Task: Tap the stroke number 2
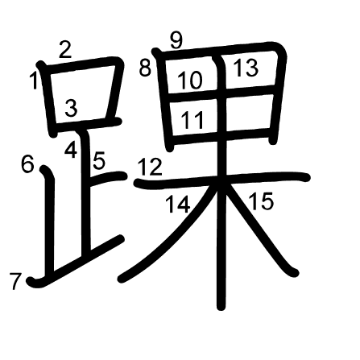point(65,49)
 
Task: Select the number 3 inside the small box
point(71,108)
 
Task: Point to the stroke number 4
point(71,149)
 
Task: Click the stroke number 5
point(98,161)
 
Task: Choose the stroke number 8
point(145,68)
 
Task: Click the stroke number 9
point(178,39)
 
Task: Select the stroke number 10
point(190,81)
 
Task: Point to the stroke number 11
point(192,121)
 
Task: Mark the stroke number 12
point(149,168)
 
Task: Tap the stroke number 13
point(246,69)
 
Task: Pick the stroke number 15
point(261,201)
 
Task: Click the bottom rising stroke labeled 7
point(81,259)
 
